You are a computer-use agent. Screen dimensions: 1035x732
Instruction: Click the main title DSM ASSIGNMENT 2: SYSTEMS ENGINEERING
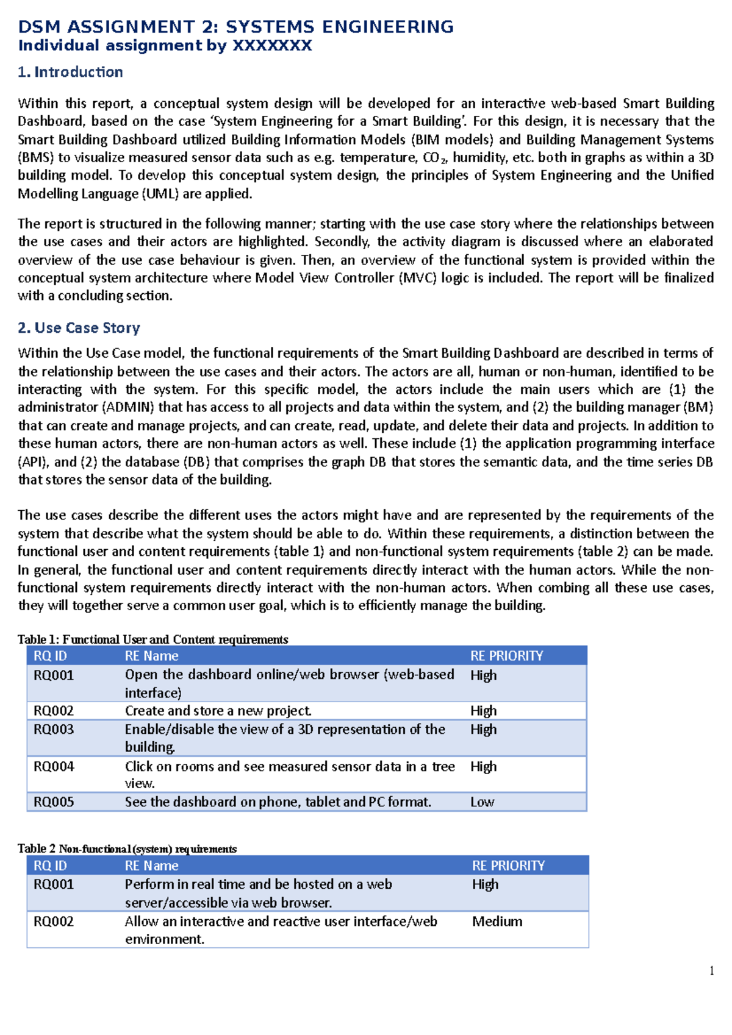pyautogui.click(x=235, y=27)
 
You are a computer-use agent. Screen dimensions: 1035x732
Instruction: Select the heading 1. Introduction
pyautogui.click(x=70, y=72)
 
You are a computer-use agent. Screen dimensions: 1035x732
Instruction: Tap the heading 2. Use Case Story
pyautogui.click(x=79, y=328)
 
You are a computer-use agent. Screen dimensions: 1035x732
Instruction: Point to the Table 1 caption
pyautogui.click(x=152, y=639)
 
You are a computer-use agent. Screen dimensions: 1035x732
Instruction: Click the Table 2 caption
pyautogui.click(x=127, y=849)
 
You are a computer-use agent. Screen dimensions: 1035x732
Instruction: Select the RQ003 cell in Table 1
pyautogui.click(x=54, y=730)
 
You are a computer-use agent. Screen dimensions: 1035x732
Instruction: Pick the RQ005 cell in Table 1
pyautogui.click(x=54, y=802)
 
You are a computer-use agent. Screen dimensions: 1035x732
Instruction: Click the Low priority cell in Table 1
pyautogui.click(x=482, y=802)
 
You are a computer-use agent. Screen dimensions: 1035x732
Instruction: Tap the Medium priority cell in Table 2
pyautogui.click(x=497, y=922)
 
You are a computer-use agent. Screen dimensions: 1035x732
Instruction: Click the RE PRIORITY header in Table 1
pyautogui.click(x=506, y=656)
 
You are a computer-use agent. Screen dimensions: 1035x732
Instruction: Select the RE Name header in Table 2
pyautogui.click(x=151, y=866)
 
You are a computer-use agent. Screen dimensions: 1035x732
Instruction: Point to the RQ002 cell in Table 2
pyautogui.click(x=54, y=922)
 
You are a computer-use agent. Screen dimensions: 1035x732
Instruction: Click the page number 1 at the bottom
pyautogui.click(x=711, y=971)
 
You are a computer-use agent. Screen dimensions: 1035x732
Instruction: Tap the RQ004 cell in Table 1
pyautogui.click(x=54, y=767)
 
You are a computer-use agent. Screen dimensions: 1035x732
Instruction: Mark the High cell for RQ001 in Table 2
pyautogui.click(x=485, y=884)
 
